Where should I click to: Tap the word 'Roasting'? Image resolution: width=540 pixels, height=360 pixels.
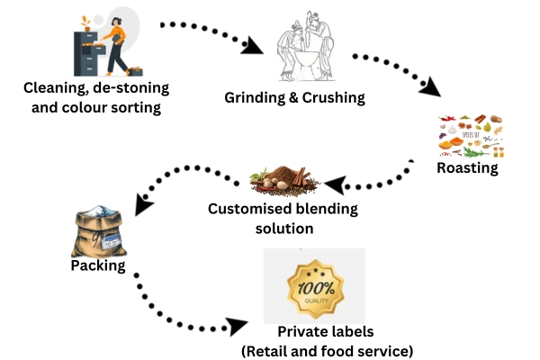467,167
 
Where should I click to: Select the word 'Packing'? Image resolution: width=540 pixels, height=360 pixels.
97,267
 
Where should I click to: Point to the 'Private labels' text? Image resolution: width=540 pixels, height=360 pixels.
326,332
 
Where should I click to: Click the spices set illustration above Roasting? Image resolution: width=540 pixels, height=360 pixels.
469,136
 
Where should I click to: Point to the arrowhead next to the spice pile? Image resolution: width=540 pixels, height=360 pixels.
335,185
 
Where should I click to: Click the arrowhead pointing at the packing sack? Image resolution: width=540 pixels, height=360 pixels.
142,206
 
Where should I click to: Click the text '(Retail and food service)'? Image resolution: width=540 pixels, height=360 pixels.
326,350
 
